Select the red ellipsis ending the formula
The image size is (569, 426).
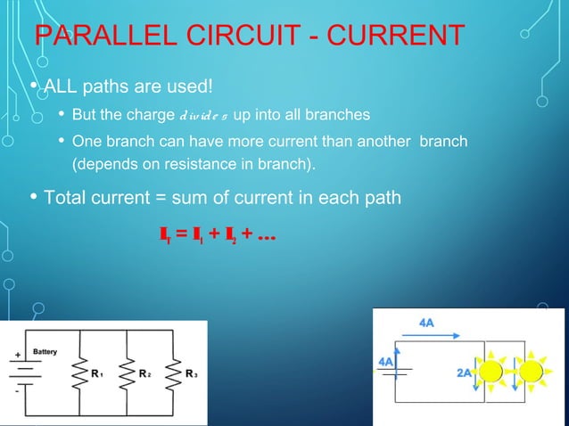(265, 237)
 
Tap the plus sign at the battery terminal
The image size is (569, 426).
(16, 355)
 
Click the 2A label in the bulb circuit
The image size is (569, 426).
(464, 373)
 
